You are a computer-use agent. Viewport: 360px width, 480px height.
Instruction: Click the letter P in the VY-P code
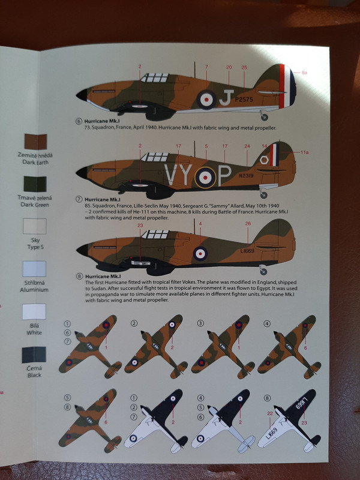coord(224,175)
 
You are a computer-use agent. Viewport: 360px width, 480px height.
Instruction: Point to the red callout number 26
coord(248,224)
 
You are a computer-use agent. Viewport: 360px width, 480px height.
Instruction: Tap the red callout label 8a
coord(304,73)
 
